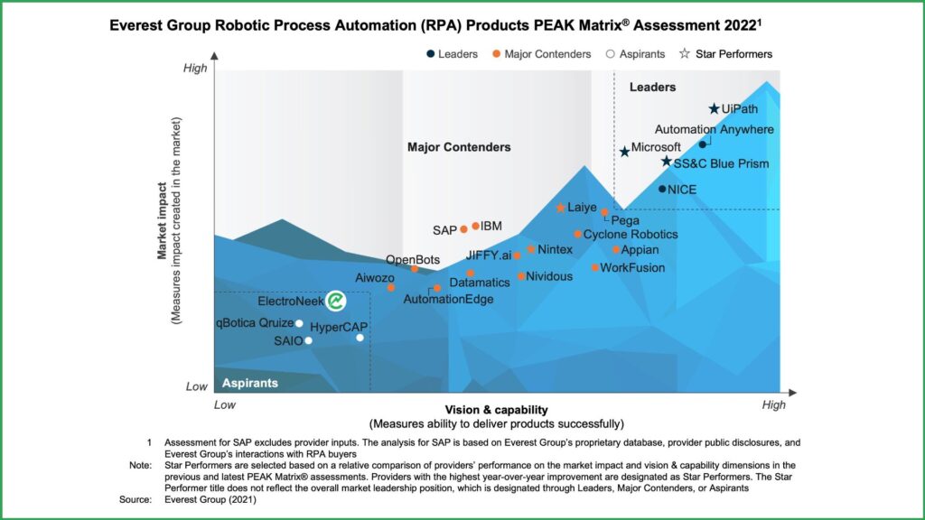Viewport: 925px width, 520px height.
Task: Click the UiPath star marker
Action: tap(714, 109)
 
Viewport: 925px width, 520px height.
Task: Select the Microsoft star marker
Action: tap(624, 151)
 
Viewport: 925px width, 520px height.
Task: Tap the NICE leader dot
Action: tap(662, 189)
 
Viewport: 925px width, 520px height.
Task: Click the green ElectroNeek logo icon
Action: tap(336, 301)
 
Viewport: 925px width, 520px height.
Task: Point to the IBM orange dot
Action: tap(475, 226)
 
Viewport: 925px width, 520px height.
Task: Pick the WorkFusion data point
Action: tap(594, 267)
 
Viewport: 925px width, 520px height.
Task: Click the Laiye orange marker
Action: tap(560, 208)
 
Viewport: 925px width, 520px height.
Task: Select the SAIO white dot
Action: tap(308, 340)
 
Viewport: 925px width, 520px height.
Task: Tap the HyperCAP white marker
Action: tap(360, 338)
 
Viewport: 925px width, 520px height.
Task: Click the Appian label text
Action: tap(640, 250)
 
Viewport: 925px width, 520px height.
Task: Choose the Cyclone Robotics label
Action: tap(630, 234)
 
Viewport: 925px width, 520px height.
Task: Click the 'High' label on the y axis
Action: tap(195, 68)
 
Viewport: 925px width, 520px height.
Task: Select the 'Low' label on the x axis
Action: tap(225, 405)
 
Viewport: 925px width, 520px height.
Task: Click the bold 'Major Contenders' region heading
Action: tap(459, 147)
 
